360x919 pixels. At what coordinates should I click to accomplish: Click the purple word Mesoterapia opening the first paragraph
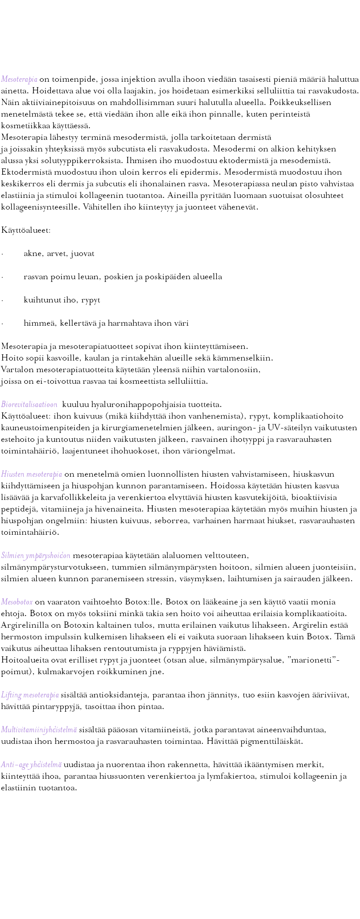[x=19, y=80]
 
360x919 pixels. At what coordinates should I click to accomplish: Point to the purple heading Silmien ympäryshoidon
[x=36, y=556]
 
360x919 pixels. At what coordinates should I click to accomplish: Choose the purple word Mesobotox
[x=17, y=601]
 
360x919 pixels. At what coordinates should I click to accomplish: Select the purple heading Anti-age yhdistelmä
[x=31, y=764]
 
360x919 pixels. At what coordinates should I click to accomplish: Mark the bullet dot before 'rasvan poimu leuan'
[x=2, y=277]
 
